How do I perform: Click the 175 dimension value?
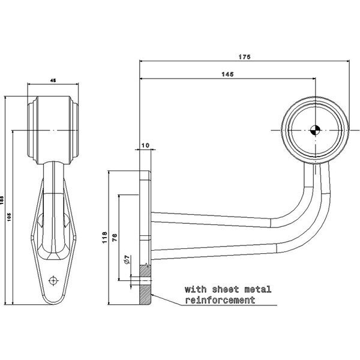click(245, 57)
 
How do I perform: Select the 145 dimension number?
click(227, 74)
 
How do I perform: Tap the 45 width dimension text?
click(53, 80)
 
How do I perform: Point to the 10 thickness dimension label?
click(146, 145)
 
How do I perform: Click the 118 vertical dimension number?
click(104, 238)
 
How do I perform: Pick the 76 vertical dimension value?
click(115, 237)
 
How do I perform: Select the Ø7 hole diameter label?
click(127, 259)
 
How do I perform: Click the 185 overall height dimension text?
click(2, 200)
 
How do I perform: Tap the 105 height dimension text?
click(9, 217)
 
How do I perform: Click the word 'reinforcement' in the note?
click(220, 300)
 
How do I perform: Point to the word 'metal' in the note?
click(258, 289)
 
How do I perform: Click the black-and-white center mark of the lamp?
click(315, 130)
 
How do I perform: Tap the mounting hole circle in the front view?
click(53, 280)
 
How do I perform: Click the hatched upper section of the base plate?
click(145, 271)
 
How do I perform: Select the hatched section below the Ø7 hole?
click(145, 295)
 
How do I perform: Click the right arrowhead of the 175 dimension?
click(347, 61)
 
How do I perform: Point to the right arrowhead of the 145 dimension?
click(313, 79)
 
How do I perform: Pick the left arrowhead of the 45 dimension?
click(30, 84)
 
